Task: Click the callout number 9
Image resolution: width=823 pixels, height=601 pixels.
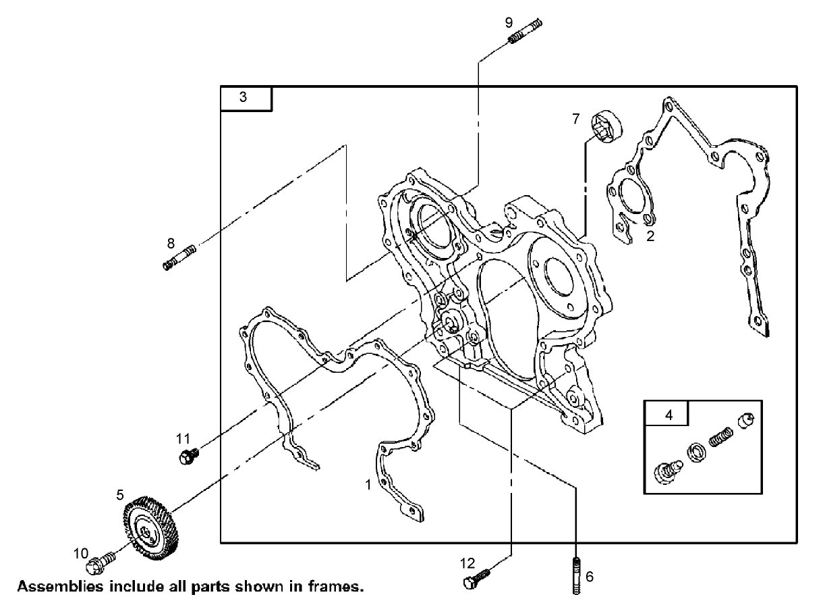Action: pos(509,22)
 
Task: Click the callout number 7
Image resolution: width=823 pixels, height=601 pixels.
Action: pos(575,119)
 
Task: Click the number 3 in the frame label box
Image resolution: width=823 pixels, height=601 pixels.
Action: pos(243,97)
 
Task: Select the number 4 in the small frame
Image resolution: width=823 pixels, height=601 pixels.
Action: pos(669,415)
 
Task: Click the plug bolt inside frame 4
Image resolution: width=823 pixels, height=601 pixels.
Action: pos(667,473)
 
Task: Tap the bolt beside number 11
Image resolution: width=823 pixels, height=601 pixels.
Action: pos(188,456)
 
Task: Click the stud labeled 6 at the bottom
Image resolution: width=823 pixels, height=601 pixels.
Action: pos(576,576)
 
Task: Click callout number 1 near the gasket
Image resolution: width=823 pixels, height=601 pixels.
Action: pos(368,484)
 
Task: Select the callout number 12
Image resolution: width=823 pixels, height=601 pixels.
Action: pos(467,562)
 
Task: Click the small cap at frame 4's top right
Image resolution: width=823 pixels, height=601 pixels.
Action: pos(747,421)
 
